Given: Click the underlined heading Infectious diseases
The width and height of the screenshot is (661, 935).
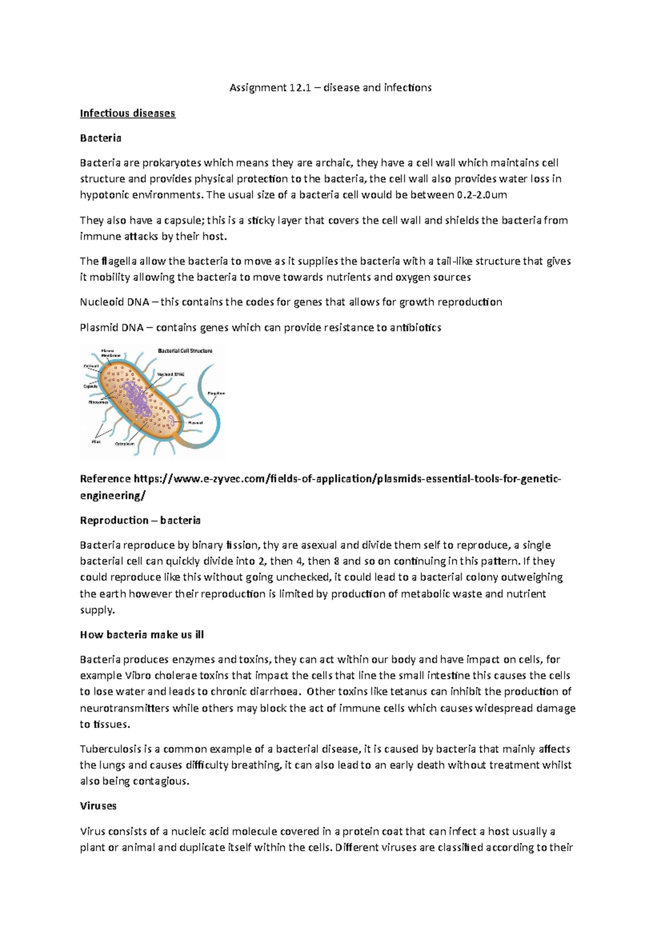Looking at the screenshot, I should point(127,113).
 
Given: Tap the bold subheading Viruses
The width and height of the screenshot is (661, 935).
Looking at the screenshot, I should point(98,806).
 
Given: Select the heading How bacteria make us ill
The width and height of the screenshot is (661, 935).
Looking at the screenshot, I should point(142,635).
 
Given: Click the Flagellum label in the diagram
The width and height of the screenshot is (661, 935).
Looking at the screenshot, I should point(216,393).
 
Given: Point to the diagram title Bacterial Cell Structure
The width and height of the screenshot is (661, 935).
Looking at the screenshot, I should point(185,351).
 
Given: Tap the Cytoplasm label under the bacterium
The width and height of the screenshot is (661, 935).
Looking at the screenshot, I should point(124,444).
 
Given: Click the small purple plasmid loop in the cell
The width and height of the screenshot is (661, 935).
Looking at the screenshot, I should point(173,421).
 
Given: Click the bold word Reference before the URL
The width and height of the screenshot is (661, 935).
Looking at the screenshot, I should point(105,479).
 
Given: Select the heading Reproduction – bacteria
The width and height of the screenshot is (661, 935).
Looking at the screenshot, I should point(140,520).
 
